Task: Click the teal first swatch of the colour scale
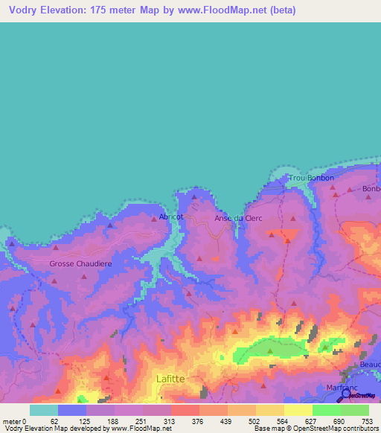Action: (x=44, y=410)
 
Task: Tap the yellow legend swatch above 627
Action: (x=298, y=410)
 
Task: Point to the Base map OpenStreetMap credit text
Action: (x=316, y=429)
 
